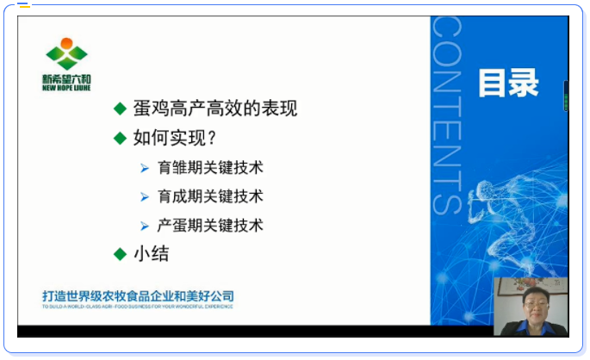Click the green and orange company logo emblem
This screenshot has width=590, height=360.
tap(66, 53)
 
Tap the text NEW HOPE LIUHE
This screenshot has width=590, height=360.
tap(66, 88)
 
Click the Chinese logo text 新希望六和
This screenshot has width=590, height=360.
tap(66, 79)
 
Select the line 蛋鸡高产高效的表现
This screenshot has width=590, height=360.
tap(215, 109)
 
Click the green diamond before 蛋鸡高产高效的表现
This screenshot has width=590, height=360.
tap(120, 109)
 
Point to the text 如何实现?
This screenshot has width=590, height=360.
tap(175, 138)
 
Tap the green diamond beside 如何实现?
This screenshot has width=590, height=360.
tap(120, 138)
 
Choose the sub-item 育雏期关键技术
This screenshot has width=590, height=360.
tap(210, 167)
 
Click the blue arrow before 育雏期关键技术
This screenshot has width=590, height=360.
tap(145, 168)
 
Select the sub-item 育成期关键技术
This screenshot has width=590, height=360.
tap(210, 196)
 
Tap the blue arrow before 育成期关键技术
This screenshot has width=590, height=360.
tap(145, 196)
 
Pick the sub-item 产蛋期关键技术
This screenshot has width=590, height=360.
tap(210, 226)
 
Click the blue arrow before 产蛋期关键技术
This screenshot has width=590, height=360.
tap(145, 227)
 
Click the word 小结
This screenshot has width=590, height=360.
tap(152, 253)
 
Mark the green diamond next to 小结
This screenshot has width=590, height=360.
tap(120, 254)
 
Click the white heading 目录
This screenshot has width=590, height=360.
tap(508, 84)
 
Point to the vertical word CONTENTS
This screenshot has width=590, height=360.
tap(447, 115)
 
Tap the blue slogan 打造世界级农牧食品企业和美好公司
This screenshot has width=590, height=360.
tap(138, 296)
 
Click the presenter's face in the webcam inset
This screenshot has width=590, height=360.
tap(536, 305)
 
